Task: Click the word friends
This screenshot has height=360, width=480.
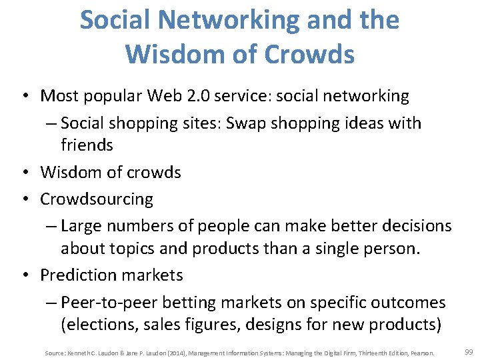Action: (87, 145)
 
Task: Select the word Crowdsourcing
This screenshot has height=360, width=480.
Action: (97, 199)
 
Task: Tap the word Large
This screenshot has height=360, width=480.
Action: (83, 227)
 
